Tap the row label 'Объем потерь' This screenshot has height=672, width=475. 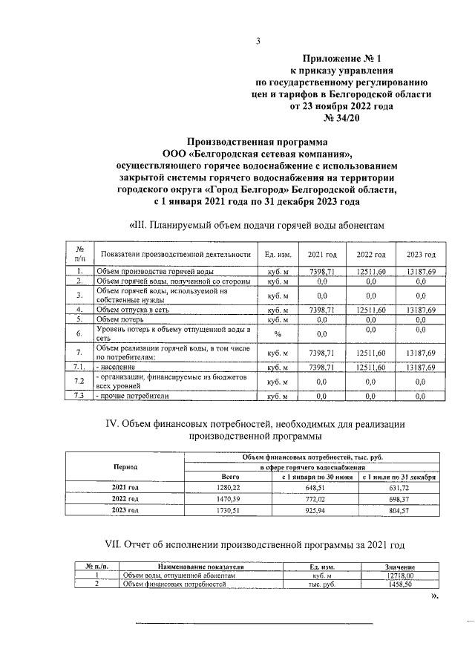point(122,319)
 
